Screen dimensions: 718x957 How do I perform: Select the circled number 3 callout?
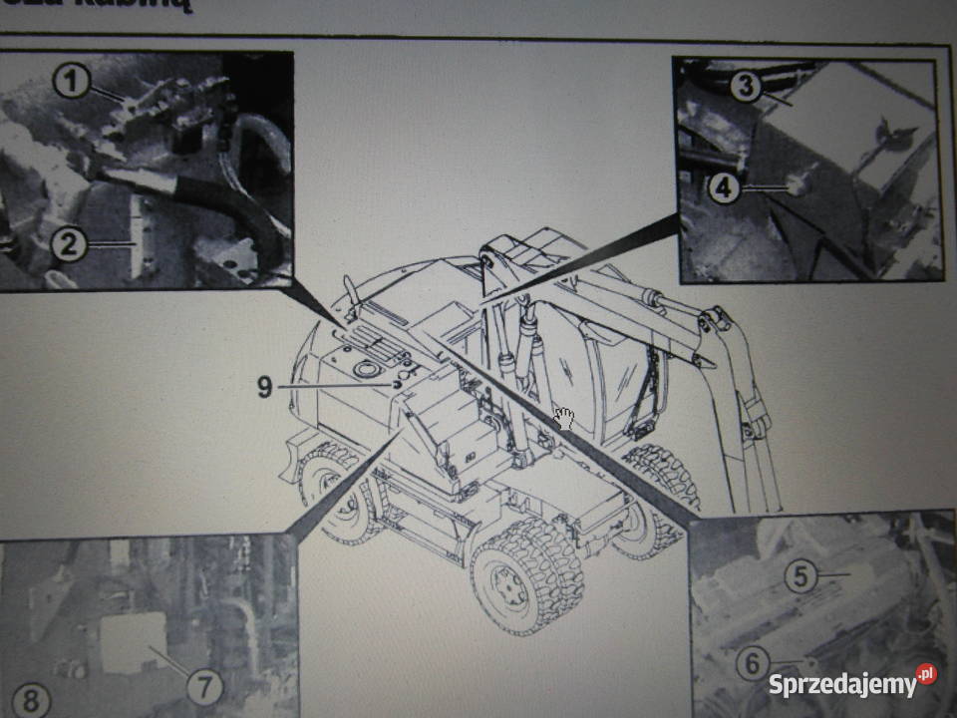coord(741,87)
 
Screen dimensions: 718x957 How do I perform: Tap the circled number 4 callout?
coord(725,187)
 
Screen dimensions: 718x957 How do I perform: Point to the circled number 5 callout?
coord(799,575)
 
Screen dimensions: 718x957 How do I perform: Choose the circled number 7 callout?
coord(204,685)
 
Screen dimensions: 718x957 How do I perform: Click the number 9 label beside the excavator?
coord(264,386)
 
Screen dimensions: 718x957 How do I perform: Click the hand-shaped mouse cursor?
coord(564,418)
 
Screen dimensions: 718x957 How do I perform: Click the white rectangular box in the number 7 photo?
coord(134,642)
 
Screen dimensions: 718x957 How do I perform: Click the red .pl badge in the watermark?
coord(926,674)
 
